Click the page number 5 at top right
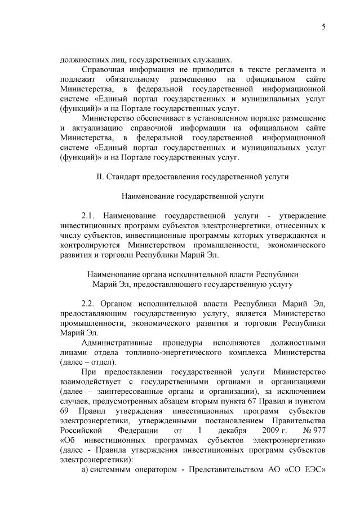(x=324, y=27)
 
